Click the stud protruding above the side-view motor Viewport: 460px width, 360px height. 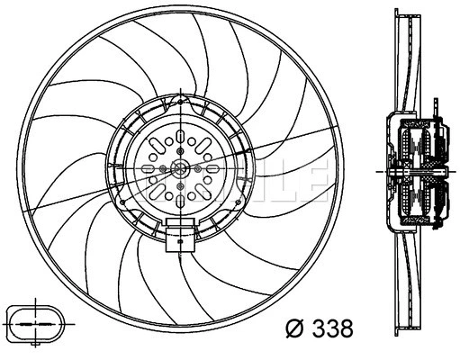(x=438, y=109)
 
